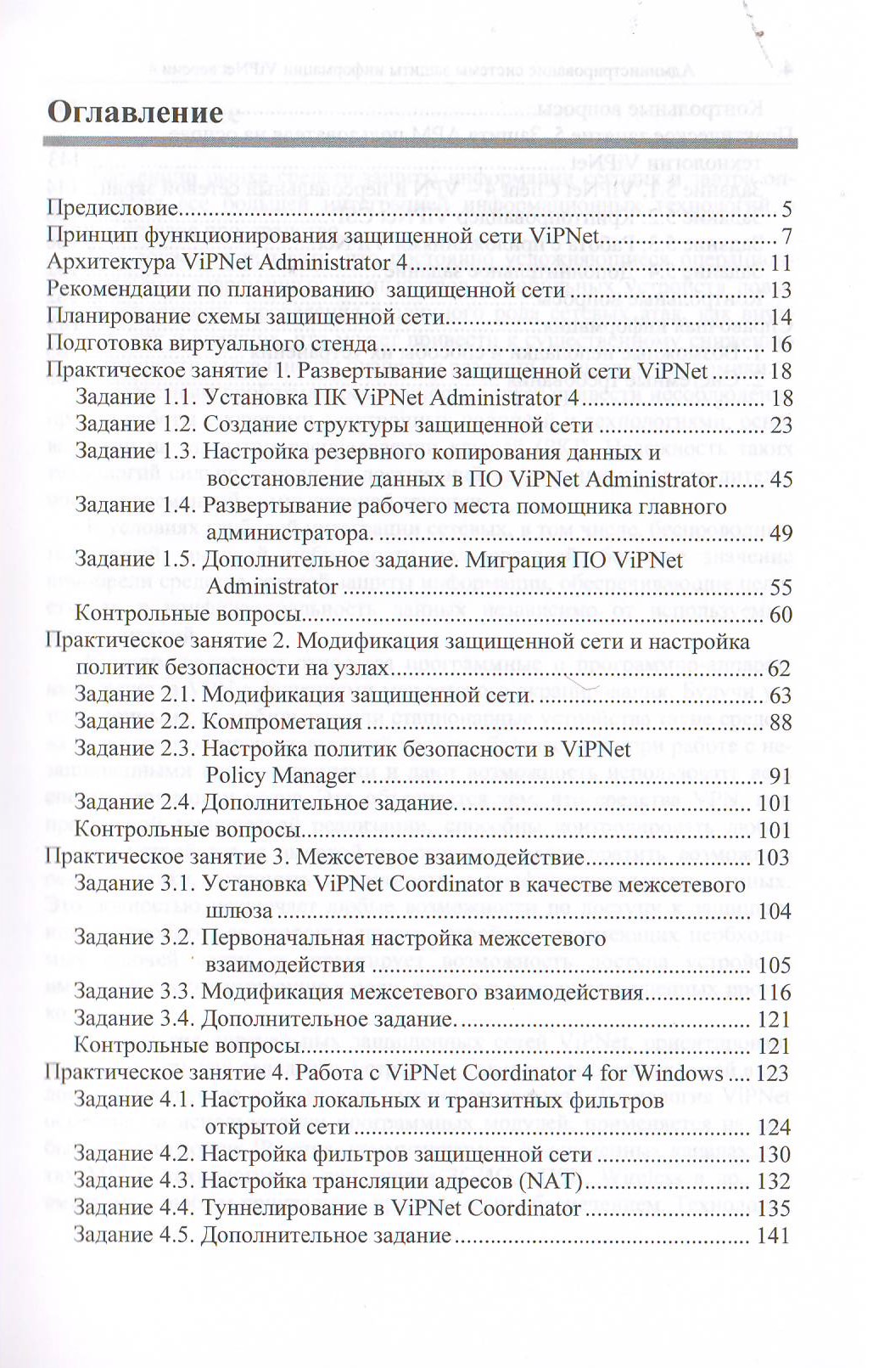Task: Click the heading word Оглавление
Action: click(135, 112)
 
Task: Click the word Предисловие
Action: click(112, 208)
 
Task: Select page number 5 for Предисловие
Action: click(786, 209)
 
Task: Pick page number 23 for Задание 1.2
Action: click(781, 425)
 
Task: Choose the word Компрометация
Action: click(282, 722)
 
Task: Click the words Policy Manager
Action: click(281, 775)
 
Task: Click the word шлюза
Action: click(239, 911)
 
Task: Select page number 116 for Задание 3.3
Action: click(774, 993)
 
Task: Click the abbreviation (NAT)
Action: click(557, 1181)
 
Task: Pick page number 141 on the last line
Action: click(773, 1236)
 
